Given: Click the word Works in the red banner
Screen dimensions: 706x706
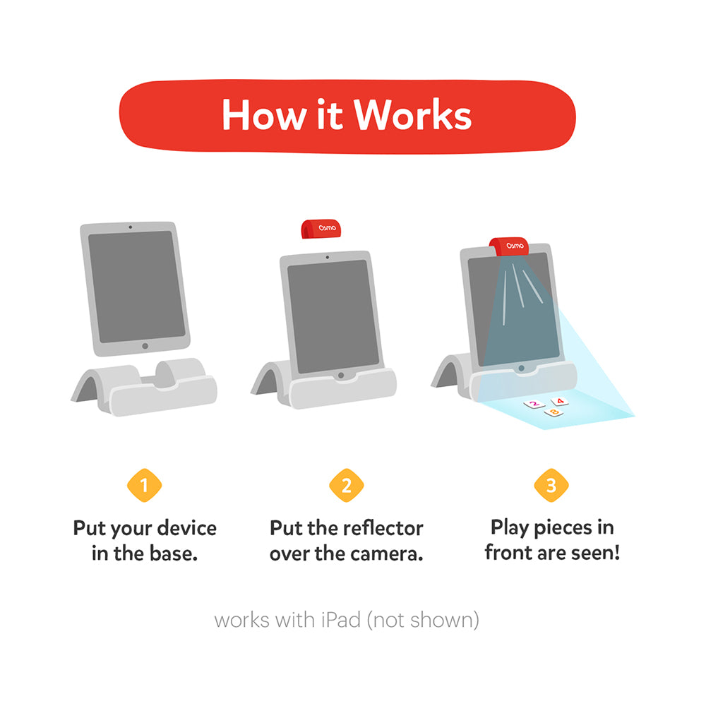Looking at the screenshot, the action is click(x=412, y=115).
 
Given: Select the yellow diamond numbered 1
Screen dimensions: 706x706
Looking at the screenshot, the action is click(x=145, y=486).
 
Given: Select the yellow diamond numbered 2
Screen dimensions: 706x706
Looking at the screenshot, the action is click(x=346, y=486).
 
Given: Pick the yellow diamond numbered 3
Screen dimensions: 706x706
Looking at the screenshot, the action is click(x=551, y=486).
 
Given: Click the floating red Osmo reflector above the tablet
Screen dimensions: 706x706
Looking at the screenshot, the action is click(x=321, y=229).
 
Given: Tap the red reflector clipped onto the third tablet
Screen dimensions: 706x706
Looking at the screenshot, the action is click(x=509, y=246).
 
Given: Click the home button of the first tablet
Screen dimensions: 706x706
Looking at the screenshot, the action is click(x=145, y=346).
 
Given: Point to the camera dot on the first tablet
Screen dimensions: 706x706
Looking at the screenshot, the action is click(x=130, y=227).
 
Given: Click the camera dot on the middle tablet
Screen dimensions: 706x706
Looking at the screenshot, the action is click(x=328, y=258).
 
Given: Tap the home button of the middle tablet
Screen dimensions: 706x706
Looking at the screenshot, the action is click(x=341, y=375).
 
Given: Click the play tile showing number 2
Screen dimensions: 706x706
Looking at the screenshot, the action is click(x=534, y=405).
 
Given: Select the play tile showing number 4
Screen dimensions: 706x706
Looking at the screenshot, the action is click(x=560, y=401).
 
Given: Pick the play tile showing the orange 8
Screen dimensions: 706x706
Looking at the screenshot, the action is click(x=554, y=412).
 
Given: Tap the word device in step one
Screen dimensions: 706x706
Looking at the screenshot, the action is click(x=186, y=528).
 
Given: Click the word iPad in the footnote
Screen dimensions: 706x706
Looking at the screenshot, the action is click(x=340, y=620).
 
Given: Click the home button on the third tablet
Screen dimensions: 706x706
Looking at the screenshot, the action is click(x=522, y=369).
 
